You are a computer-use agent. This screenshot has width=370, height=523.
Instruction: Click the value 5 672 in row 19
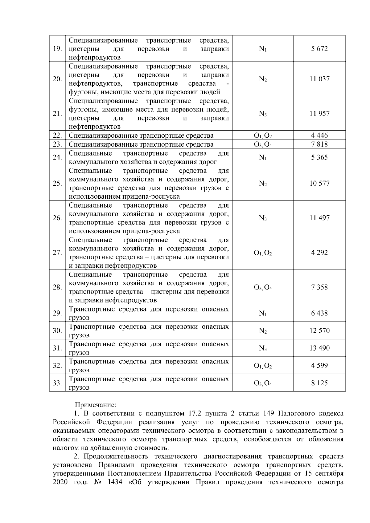pyautogui.click(x=319, y=49)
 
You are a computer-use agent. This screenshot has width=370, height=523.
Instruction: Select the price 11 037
pyautogui.click(x=319, y=79)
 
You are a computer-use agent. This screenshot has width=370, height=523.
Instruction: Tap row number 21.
pyautogui.click(x=57, y=114)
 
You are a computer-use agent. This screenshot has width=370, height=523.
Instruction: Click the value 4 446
pyautogui.click(x=319, y=136)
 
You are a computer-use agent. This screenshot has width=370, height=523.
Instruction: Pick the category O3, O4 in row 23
pyautogui.click(x=263, y=144)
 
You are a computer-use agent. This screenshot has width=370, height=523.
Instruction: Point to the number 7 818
pyautogui.click(x=319, y=144)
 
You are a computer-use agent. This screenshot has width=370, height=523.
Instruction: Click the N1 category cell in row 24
pyautogui.click(x=263, y=158)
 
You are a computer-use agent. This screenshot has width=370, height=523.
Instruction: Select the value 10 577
pyautogui.click(x=319, y=184)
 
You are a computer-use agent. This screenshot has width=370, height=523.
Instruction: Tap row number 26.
pyautogui.click(x=57, y=218)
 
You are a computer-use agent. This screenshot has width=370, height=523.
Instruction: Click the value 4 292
pyautogui.click(x=319, y=253)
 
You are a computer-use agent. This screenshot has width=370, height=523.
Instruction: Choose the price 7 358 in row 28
pyautogui.click(x=319, y=287)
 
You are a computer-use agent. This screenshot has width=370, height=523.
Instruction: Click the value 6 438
pyautogui.click(x=319, y=313)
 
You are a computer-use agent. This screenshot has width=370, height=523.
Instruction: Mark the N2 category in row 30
pyautogui.click(x=263, y=331)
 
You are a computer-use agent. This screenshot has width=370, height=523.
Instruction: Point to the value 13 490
pyautogui.click(x=319, y=348)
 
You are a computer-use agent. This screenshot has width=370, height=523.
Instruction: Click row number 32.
pyautogui.click(x=57, y=366)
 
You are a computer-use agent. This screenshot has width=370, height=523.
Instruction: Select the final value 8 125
pyautogui.click(x=319, y=383)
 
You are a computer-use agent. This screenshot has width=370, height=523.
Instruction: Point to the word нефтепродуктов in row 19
pyautogui.click(x=95, y=58)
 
